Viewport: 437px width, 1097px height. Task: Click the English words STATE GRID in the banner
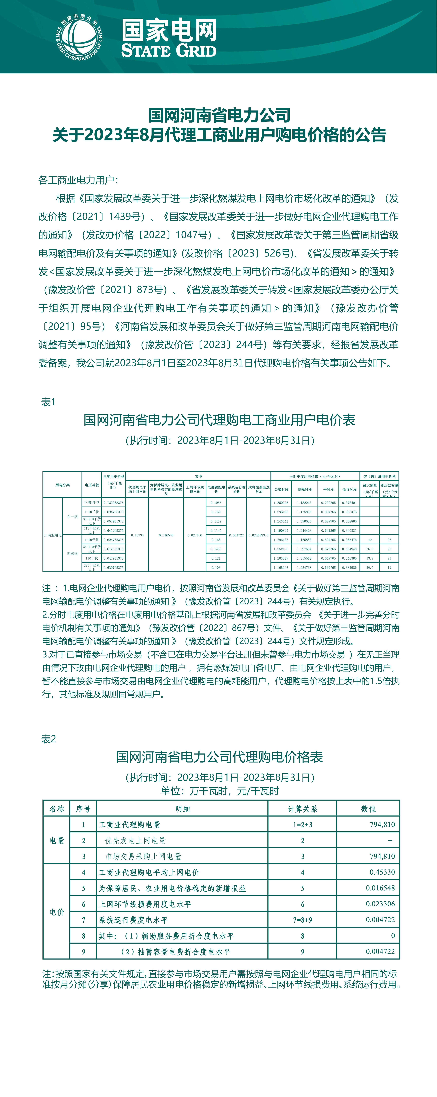click(x=169, y=51)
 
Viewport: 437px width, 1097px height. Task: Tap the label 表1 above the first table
click(x=48, y=402)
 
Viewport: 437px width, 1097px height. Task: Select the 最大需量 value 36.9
click(x=370, y=549)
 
